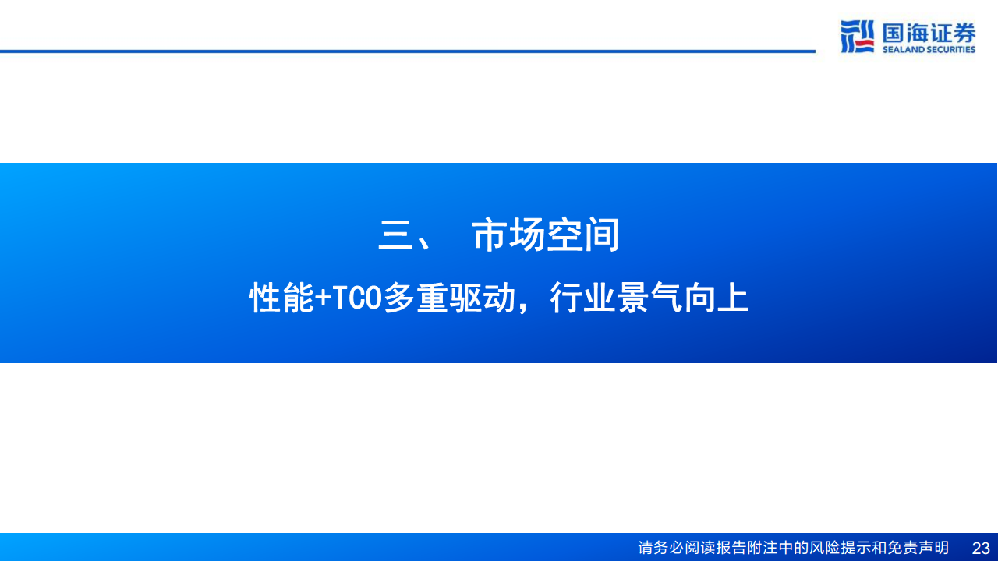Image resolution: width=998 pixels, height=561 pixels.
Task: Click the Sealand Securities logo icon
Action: (857, 37)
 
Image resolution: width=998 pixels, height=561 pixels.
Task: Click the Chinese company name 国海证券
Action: (929, 33)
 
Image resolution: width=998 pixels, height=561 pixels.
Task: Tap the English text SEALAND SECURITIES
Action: (929, 50)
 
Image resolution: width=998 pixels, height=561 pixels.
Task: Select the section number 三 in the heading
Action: (395, 236)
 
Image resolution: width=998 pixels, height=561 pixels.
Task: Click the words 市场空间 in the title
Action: (546, 236)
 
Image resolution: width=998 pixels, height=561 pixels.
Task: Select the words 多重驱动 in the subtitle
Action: (449, 298)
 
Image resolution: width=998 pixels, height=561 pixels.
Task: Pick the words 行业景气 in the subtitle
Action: (616, 298)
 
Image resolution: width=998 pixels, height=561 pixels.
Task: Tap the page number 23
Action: (980, 548)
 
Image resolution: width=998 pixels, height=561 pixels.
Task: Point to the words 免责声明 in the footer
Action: (918, 548)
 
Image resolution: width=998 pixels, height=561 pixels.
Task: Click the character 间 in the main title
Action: (601, 236)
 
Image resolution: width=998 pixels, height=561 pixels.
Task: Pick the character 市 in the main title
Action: (490, 236)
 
